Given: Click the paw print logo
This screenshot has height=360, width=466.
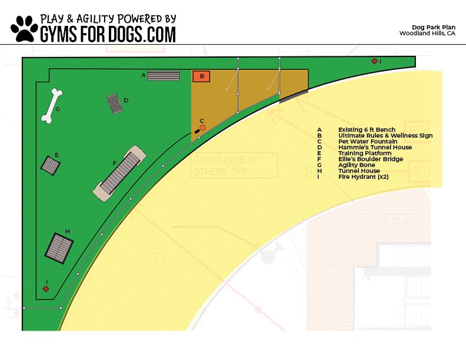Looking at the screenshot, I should tap(24, 28).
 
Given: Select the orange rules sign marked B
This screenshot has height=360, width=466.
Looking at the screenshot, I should tap(202, 76).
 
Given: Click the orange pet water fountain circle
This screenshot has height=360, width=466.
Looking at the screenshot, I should tap(202, 128).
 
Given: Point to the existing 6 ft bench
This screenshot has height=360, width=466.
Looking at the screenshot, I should tap(163, 75).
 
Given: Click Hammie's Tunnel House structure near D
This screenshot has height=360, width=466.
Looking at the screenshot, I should tap(114, 103).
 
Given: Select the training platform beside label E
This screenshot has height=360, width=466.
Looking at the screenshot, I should tap(51, 165).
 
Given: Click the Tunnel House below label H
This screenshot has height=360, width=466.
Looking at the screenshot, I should tap(59, 248).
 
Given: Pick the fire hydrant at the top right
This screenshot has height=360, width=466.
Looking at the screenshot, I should tap(374, 61).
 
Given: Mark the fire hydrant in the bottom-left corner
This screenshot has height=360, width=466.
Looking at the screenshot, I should tap(46, 289).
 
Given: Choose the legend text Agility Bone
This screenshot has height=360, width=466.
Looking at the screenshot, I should tap(357, 165).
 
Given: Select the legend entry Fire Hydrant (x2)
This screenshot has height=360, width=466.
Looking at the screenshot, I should tap(363, 176).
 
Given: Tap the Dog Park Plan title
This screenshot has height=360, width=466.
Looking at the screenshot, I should tap(433, 27).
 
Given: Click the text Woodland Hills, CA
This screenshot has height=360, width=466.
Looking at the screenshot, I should tap(427, 34).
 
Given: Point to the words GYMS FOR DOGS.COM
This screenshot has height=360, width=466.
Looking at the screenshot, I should tap(108, 34).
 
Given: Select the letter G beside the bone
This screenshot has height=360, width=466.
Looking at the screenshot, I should tap(58, 109).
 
